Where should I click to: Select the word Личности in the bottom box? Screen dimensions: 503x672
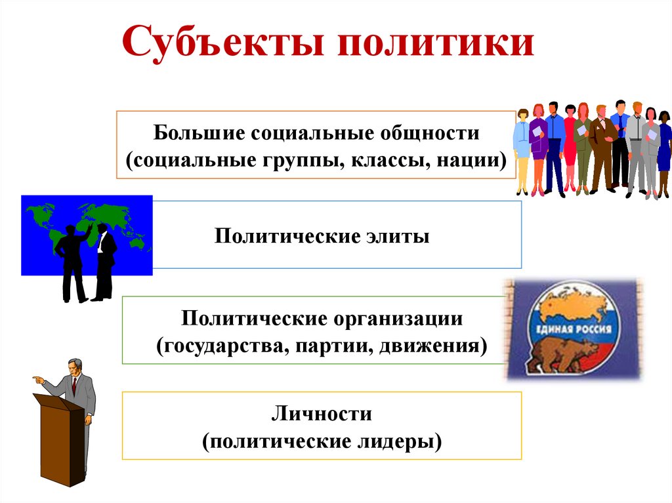322,414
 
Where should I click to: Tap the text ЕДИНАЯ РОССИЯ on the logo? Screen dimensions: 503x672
575,330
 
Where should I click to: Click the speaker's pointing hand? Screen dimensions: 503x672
37,380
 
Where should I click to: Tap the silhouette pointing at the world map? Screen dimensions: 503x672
71,262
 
